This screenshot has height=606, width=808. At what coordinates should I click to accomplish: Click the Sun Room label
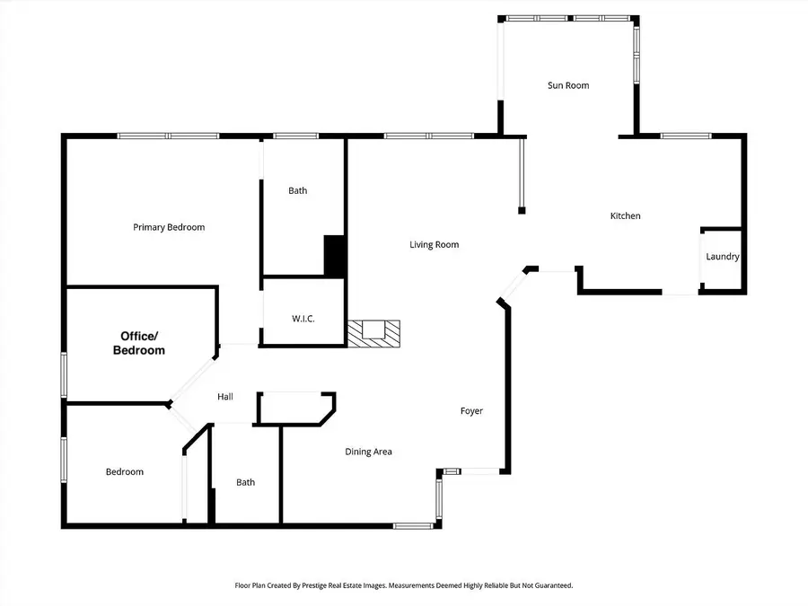pyautogui.click(x=568, y=85)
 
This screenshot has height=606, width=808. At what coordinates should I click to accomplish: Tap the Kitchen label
pyautogui.click(x=625, y=215)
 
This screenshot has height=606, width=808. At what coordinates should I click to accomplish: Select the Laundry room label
pyautogui.click(x=722, y=257)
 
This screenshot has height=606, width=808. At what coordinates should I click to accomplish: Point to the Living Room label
pyautogui.click(x=435, y=244)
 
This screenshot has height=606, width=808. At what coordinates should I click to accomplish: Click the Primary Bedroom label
pyautogui.click(x=169, y=227)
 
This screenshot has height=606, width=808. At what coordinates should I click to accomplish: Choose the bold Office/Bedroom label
pyautogui.click(x=138, y=343)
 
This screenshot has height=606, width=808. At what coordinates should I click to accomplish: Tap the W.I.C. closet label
pyautogui.click(x=303, y=320)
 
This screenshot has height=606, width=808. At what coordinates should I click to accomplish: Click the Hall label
pyautogui.click(x=225, y=397)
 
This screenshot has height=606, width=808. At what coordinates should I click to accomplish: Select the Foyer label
pyautogui.click(x=471, y=411)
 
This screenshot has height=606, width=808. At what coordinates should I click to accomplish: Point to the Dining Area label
pyautogui.click(x=369, y=452)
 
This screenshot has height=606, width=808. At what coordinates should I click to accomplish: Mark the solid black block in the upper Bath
pyautogui.click(x=334, y=255)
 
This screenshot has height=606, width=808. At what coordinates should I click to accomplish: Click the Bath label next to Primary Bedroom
pyautogui.click(x=297, y=190)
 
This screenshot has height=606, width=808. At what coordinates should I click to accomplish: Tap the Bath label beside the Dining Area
pyautogui.click(x=245, y=482)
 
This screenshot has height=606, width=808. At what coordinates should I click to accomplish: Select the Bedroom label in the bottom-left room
pyautogui.click(x=124, y=471)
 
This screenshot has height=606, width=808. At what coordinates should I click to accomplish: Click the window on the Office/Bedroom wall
pyautogui.click(x=64, y=373)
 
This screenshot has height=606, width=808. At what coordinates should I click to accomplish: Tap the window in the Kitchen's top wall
pyautogui.click(x=686, y=136)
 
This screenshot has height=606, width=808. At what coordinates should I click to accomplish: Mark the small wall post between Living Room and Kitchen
pyautogui.click(x=521, y=211)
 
